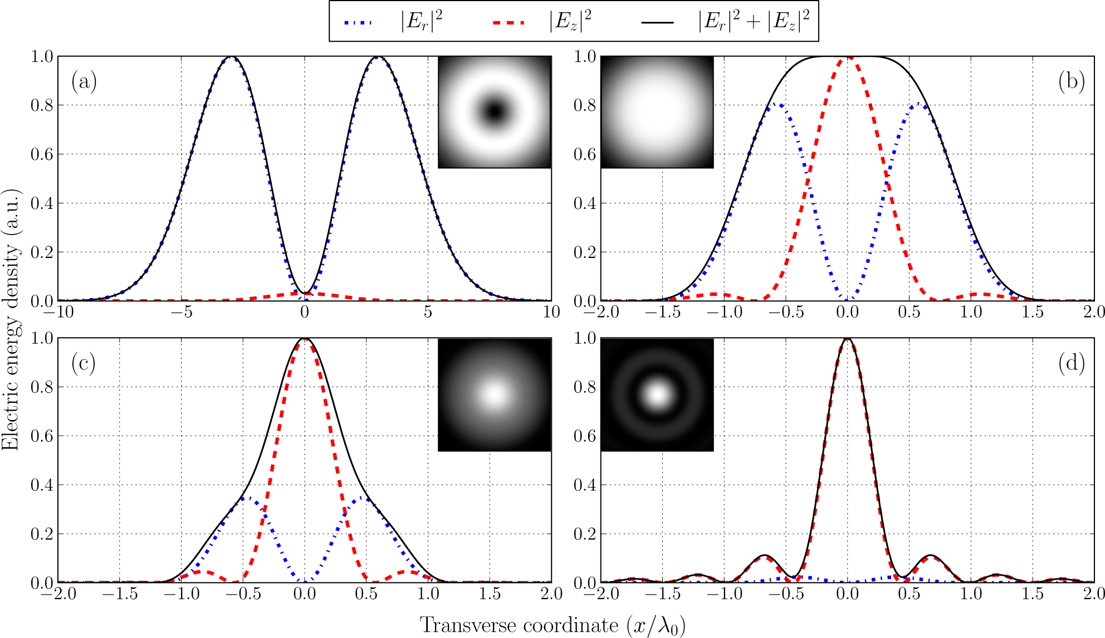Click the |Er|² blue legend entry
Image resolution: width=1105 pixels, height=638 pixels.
click(x=393, y=22)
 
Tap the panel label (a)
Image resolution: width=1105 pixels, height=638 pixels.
click(x=84, y=82)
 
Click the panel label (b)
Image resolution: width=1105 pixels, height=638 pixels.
click(x=1071, y=82)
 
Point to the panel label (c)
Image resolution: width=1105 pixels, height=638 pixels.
click(x=84, y=363)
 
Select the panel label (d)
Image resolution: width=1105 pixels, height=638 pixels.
click(x=1071, y=363)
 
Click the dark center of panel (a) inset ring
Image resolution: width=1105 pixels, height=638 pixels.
click(x=494, y=111)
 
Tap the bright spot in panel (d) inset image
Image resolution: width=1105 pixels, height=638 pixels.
click(x=658, y=395)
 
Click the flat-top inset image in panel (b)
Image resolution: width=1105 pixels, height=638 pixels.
click(x=657, y=112)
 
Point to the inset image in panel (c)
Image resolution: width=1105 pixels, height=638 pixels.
click(x=495, y=395)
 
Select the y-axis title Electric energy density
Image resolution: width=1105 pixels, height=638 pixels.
click(x=11, y=319)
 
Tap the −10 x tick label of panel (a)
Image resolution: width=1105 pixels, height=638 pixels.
click(x=58, y=312)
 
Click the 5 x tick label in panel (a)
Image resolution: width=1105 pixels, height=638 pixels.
click(x=428, y=312)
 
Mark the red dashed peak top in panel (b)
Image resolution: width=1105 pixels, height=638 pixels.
click(x=848, y=57)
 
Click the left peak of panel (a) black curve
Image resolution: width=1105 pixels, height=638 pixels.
click(x=231, y=57)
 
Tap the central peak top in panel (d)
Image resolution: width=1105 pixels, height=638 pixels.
click(x=848, y=339)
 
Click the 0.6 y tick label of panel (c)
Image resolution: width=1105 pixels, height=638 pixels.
click(x=42, y=436)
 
